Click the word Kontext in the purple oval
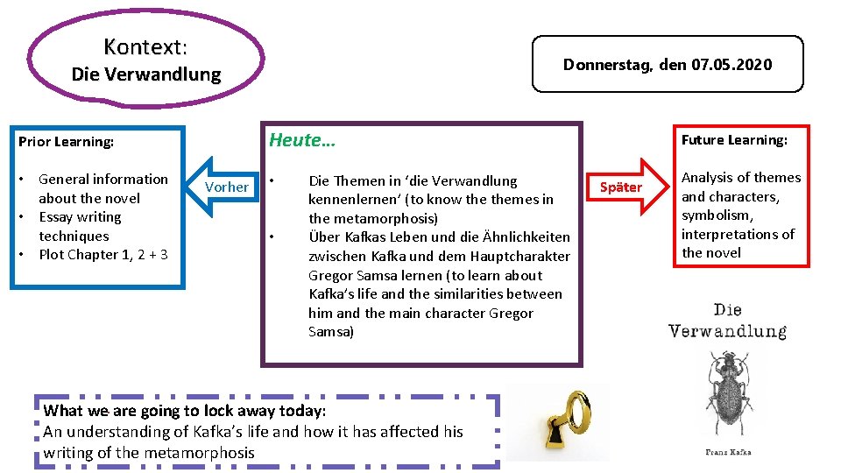pos(143,46)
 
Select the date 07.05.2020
pos(731,65)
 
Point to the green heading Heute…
pos(302,140)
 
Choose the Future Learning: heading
pos(734,140)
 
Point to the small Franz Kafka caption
pos(727,452)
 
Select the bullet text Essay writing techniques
pos(80,226)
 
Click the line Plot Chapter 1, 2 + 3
pos(103,255)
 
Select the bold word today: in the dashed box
pos(303,411)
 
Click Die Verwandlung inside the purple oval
pos(145,74)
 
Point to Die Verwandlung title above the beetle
pos(727,321)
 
